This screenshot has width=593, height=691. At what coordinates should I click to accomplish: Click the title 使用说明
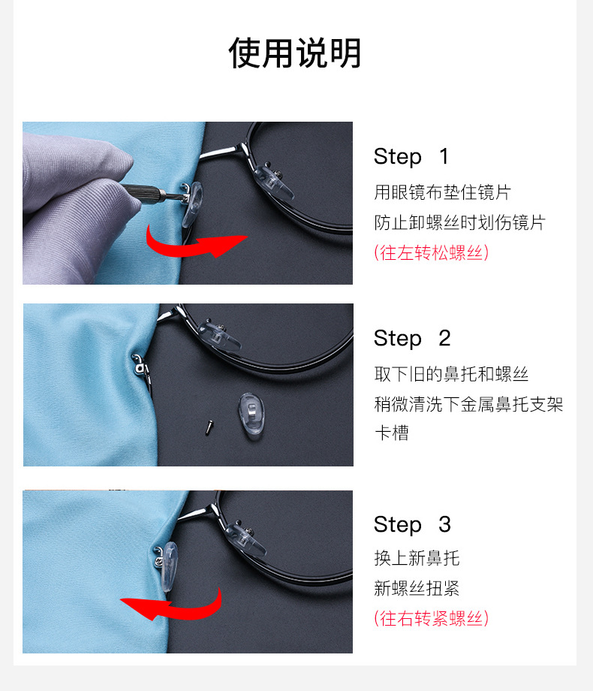tap(295, 54)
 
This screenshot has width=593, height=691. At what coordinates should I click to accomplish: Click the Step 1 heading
tap(411, 157)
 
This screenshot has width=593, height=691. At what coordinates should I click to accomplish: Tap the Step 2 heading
tap(411, 339)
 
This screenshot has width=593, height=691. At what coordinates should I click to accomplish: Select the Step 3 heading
tap(411, 525)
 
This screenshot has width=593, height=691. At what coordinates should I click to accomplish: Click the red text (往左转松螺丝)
tap(431, 252)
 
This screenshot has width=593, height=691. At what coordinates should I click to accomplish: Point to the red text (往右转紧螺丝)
tap(431, 618)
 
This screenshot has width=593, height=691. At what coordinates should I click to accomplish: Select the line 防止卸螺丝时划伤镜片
tap(459, 222)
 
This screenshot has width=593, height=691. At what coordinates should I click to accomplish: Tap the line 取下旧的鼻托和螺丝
tap(451, 374)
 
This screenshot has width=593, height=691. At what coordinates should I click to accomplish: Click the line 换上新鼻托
tap(417, 558)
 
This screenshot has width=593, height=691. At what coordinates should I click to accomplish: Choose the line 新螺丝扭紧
tap(417, 588)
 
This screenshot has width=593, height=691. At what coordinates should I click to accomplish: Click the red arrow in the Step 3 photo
tap(173, 602)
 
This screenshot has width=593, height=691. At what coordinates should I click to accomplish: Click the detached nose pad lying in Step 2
tap(251, 416)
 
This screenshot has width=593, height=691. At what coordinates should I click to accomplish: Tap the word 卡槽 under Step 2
tap(391, 433)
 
